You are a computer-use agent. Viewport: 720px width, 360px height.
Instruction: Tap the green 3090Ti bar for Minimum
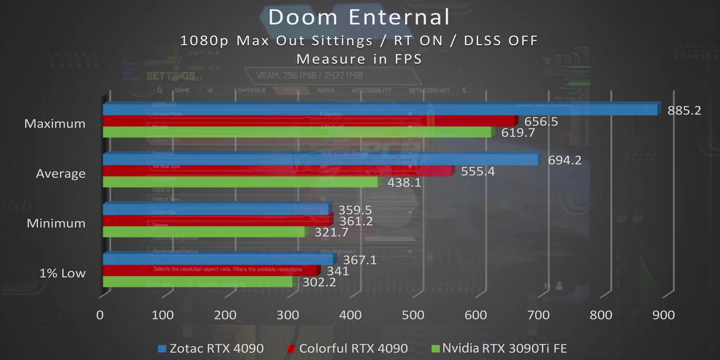[x=204, y=232]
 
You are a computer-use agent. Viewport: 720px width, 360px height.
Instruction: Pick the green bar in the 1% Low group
[x=198, y=282]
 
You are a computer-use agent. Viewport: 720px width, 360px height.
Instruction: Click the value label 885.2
[x=684, y=110]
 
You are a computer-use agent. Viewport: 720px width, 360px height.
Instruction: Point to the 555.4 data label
[x=478, y=171]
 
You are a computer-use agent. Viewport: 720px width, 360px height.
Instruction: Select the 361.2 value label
[x=356, y=221]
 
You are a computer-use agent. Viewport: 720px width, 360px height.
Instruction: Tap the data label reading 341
[x=338, y=271]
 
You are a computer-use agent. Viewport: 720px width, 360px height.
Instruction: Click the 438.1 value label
[x=404, y=183]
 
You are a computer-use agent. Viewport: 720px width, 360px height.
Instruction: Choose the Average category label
[x=61, y=174]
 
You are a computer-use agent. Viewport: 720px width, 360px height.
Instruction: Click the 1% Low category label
[x=63, y=273]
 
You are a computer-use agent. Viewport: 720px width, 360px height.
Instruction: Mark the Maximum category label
[x=55, y=124]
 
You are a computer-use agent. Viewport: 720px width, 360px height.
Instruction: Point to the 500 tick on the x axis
[x=413, y=315]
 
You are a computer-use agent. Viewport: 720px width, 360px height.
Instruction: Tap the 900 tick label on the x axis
[x=663, y=315]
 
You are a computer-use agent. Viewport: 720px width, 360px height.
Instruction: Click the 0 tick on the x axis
[x=100, y=315]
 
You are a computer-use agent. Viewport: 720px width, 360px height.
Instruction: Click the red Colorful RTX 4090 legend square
[x=291, y=349]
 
